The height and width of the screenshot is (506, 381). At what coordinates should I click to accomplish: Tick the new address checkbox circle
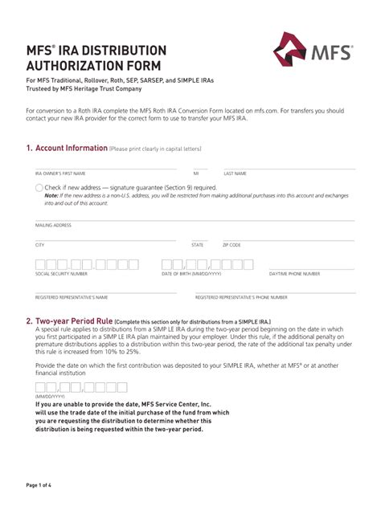39,187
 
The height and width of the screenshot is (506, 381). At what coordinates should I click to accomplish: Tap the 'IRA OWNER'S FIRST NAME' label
60,173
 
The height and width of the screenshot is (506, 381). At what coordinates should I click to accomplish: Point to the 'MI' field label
195,173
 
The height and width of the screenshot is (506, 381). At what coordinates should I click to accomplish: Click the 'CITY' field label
39,244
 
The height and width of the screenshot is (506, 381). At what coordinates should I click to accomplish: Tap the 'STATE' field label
197,244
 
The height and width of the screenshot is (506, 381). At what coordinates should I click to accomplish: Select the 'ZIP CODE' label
232,244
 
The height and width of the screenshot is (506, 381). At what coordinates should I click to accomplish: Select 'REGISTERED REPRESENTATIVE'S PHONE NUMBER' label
241,297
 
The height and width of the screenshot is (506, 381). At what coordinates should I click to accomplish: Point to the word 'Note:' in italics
51,196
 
